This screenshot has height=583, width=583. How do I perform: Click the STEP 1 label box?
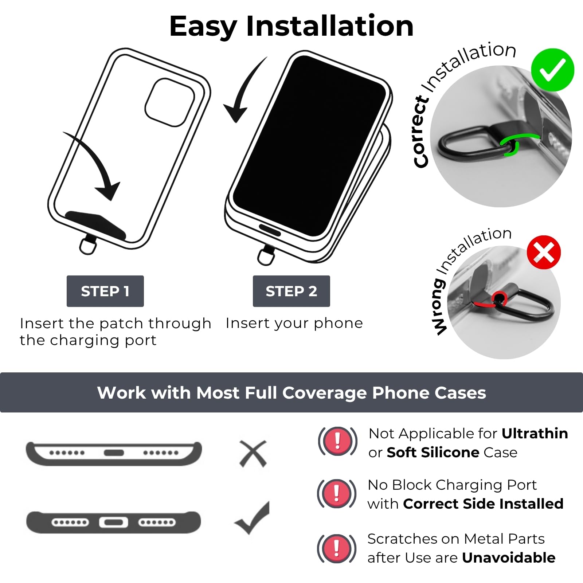[x=105, y=291]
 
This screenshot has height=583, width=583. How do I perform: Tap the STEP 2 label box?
[x=291, y=291]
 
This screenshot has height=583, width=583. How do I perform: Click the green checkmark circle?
[x=552, y=70]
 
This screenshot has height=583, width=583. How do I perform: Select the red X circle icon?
[x=544, y=253]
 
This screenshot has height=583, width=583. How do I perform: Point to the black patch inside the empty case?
[x=95, y=225]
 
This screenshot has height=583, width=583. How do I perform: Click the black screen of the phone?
[x=310, y=146]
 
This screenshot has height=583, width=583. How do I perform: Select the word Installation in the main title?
[x=330, y=26]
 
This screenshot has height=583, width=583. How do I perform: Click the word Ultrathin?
[x=535, y=433]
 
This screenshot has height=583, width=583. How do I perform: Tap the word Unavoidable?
[x=509, y=557]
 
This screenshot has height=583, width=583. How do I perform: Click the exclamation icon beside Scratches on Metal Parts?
[x=337, y=548]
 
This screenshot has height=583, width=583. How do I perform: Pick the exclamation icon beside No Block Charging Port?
[x=337, y=494]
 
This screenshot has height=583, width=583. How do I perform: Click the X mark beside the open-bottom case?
[x=253, y=454]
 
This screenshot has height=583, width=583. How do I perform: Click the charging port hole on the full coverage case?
[x=114, y=523]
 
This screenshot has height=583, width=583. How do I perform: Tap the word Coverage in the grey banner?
[x=325, y=393]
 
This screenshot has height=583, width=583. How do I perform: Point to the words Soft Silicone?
[x=433, y=452]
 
